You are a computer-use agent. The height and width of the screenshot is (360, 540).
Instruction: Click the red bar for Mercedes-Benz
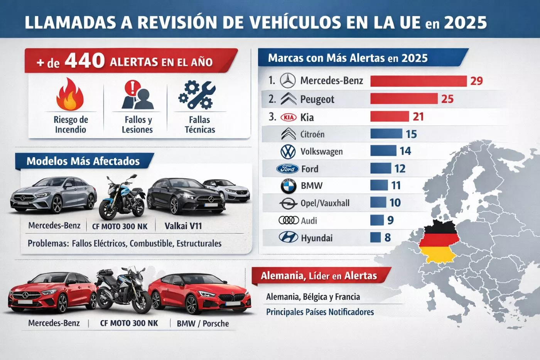coord(418,81)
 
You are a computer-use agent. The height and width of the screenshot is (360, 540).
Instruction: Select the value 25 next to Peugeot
coord(447,99)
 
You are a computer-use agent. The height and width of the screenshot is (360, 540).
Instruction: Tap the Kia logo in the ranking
coord(288,117)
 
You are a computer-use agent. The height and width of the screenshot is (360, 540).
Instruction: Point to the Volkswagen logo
coord(288,152)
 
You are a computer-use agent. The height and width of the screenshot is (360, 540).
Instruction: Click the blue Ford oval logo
coord(287,169)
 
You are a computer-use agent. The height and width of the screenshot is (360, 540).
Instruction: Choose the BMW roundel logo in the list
coord(288,186)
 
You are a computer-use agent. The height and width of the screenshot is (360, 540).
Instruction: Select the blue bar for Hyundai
coord(375,237)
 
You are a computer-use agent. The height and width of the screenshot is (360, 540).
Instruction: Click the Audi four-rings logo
coord(289,220)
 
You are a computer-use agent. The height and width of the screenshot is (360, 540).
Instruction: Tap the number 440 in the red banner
coord(84,61)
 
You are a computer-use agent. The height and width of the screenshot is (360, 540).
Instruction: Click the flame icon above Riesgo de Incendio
coord(70,95)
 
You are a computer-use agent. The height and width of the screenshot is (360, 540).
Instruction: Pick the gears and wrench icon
coord(196,95)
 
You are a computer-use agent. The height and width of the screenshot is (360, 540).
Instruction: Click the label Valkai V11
coord(183,226)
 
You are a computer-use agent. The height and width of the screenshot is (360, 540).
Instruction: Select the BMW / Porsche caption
coord(202,323)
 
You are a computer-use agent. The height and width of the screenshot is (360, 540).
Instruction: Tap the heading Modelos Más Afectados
coord(83,161)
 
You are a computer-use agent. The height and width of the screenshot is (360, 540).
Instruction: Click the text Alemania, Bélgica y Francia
coord(313,297)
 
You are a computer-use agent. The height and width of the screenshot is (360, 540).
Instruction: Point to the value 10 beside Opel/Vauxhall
coord(395,203)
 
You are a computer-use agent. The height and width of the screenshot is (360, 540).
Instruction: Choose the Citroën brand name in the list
coord(312,135)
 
